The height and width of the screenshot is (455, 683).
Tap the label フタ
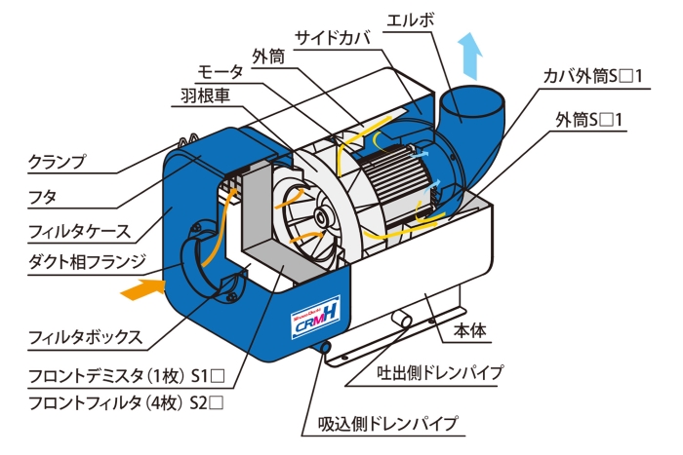42,196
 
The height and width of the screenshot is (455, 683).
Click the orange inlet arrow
138,289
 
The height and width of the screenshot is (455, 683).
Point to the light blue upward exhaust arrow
472,54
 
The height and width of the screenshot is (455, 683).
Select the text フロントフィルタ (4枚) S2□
114,400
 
